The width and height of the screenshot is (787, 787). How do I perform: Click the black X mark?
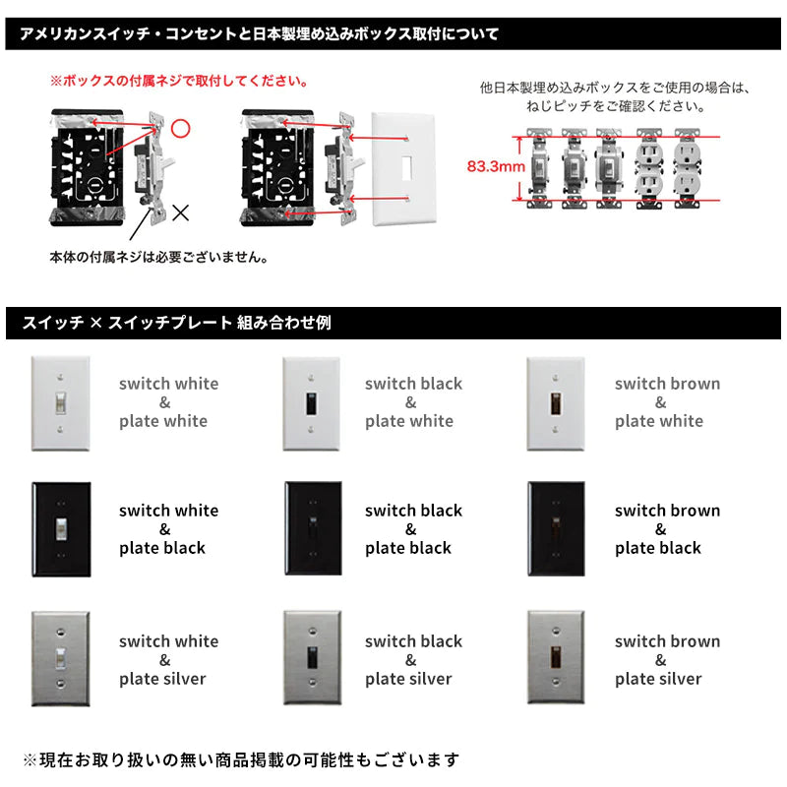(x=180, y=210)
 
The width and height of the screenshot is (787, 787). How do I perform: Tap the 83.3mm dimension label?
(x=495, y=167)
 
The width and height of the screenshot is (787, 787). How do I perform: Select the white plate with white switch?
(x=61, y=402)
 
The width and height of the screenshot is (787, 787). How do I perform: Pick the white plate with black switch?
(x=311, y=402)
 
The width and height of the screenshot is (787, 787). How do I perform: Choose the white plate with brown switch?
(x=556, y=402)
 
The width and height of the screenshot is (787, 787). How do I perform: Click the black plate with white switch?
(x=61, y=528)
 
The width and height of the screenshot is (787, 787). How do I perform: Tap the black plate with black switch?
(x=313, y=528)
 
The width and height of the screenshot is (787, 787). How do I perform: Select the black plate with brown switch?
(x=557, y=528)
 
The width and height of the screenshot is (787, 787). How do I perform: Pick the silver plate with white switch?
(x=61, y=658)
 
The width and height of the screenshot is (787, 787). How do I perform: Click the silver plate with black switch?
(x=312, y=658)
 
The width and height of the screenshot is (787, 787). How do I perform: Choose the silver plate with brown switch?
(x=557, y=658)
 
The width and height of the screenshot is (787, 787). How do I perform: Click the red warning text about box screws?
(x=179, y=81)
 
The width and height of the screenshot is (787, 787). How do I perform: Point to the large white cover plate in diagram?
(x=403, y=168)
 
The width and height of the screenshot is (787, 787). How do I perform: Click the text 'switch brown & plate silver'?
(x=666, y=659)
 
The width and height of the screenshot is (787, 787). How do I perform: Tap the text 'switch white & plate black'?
(x=168, y=529)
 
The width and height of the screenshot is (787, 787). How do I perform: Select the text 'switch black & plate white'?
(x=412, y=402)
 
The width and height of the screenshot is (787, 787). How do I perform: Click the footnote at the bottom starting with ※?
(x=240, y=759)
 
